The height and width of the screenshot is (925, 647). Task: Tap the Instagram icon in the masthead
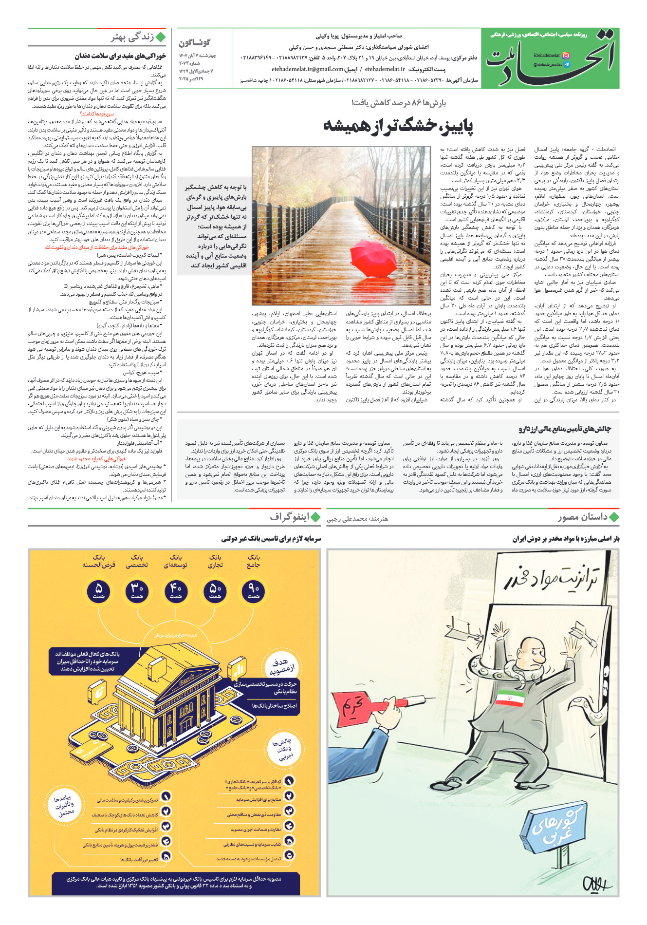(x=566, y=56)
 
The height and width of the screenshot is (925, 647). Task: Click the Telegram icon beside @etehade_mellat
(x=566, y=64)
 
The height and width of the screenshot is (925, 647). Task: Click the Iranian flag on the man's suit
(x=511, y=698)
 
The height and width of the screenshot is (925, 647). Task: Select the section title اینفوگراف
(x=290, y=517)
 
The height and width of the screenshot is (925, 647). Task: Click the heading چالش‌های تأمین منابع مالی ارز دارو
(x=564, y=429)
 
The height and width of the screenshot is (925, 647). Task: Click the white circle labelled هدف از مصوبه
(x=282, y=666)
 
